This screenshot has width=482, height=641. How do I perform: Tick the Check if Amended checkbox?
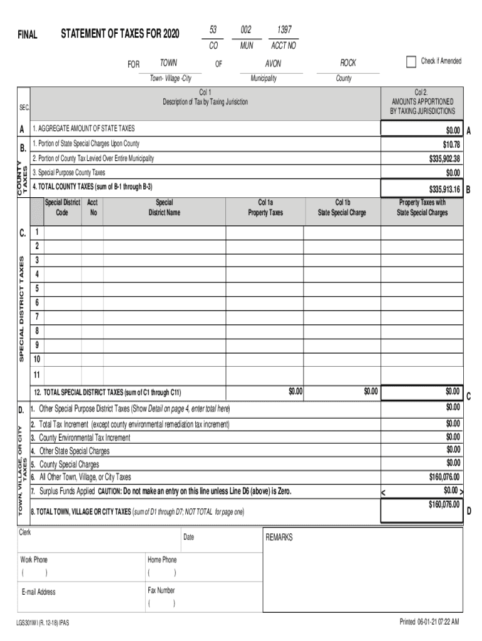pos(411,61)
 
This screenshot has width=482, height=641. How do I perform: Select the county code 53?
pos(213,30)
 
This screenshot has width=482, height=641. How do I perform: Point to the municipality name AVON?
pos(273,64)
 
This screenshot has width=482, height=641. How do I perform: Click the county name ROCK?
pos(348,63)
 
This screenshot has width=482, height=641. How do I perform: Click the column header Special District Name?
pos(164,207)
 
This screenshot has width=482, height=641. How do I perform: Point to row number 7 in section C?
pos(37,316)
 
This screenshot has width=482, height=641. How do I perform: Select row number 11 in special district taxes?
pos(37,374)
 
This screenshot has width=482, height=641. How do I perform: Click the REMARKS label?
pos(279,537)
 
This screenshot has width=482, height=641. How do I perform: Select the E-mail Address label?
pos(38,592)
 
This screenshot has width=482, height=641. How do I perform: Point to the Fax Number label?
pos(161,590)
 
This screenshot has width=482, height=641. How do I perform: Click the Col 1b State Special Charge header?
pos(342,207)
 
